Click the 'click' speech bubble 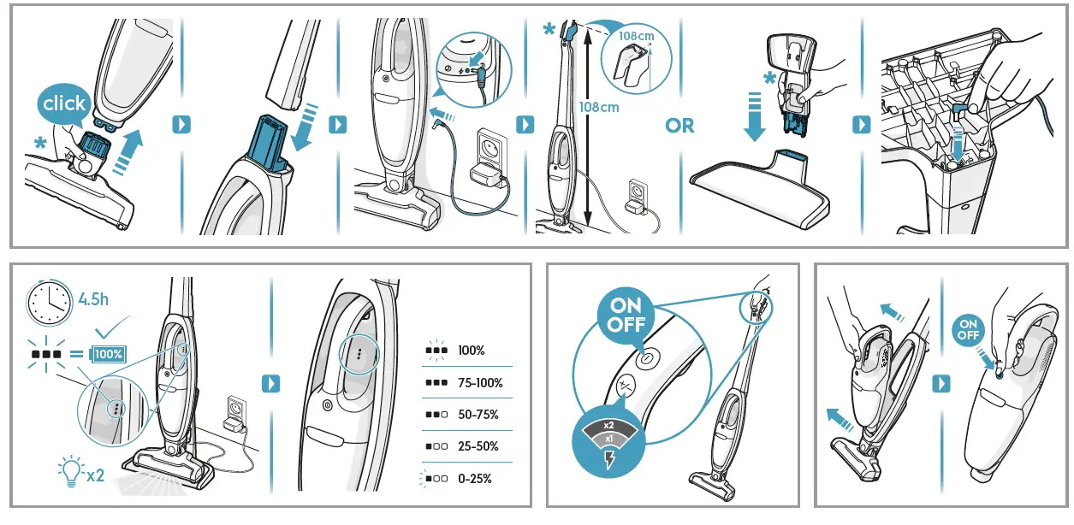point(64,104)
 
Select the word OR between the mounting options point(679,126)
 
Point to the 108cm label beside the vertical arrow point(598,108)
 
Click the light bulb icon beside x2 point(68,469)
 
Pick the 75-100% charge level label point(480,383)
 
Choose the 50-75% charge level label point(478,415)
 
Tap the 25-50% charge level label point(478,446)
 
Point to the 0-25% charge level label point(475,479)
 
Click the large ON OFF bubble point(626,316)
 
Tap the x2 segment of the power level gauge point(608,425)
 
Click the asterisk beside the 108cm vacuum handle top point(549,30)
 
